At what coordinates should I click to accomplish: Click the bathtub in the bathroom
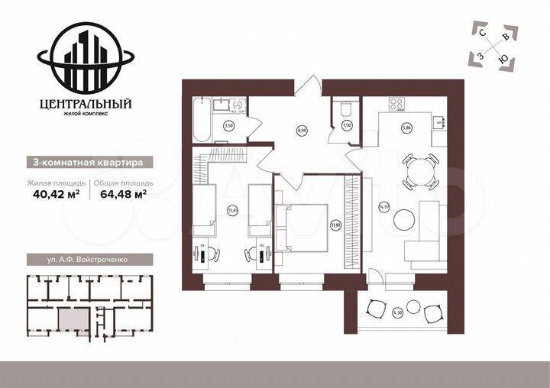(202, 119)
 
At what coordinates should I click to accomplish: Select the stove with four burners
(400, 105)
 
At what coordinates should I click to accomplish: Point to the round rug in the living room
(405, 221)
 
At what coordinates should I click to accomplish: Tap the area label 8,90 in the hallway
(300, 131)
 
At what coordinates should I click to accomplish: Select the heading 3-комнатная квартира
(84, 162)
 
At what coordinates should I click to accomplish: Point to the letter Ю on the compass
(502, 58)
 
